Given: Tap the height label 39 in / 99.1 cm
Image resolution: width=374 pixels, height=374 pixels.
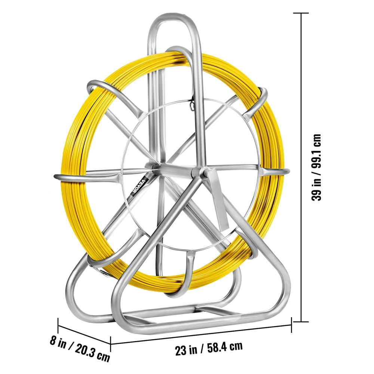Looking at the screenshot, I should (x=317, y=167).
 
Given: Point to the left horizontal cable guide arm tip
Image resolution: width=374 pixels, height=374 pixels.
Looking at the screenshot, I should (x=56, y=176).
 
